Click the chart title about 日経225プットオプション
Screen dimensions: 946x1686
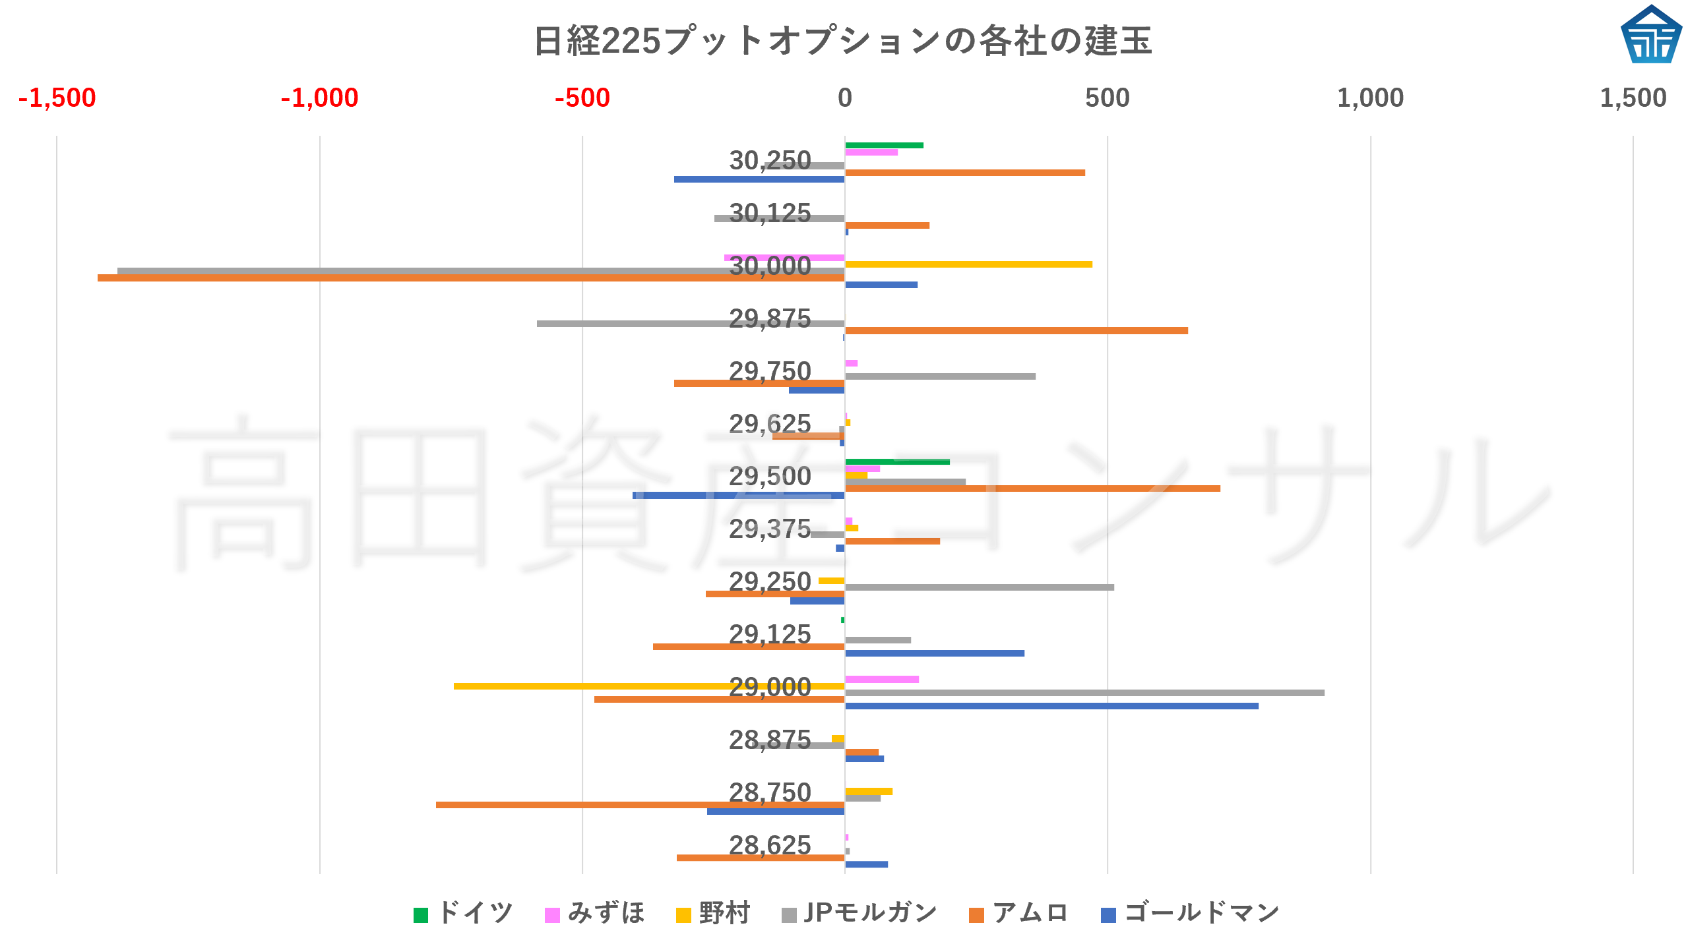842,41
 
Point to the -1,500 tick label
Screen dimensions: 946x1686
57,98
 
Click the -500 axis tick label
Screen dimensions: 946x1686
582,98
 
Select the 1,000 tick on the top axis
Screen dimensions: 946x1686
1370,98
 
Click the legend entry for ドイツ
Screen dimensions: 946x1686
464,913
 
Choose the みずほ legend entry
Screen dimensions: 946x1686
595,913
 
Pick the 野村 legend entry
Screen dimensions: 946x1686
714,913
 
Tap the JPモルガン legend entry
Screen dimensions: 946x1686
859,913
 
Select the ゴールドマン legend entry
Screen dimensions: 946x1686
1191,913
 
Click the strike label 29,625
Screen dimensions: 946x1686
770,424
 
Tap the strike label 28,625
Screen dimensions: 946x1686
770,845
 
